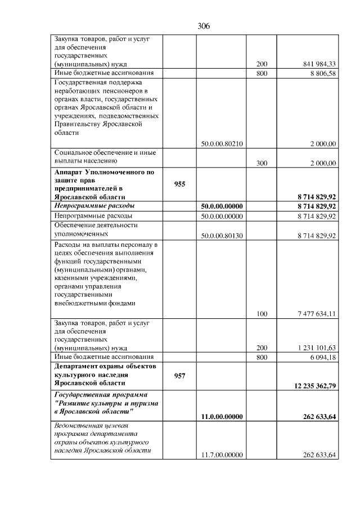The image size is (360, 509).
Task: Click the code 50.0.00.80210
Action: click(x=222, y=143)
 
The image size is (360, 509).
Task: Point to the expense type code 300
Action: click(x=262, y=163)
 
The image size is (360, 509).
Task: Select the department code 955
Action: click(x=179, y=184)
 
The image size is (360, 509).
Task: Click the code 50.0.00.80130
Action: click(x=222, y=235)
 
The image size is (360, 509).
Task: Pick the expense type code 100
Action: click(x=262, y=314)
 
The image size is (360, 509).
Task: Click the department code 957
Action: click(x=179, y=375)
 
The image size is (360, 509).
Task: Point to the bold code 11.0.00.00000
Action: click(x=222, y=416)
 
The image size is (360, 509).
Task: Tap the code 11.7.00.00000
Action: click(x=222, y=454)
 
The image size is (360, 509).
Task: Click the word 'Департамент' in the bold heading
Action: click(x=78, y=366)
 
